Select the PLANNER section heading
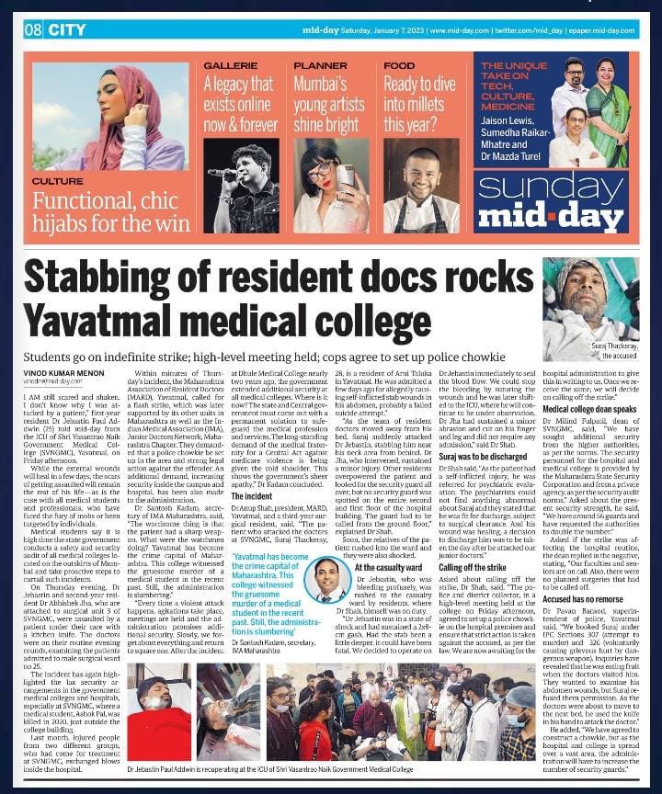point(320,66)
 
